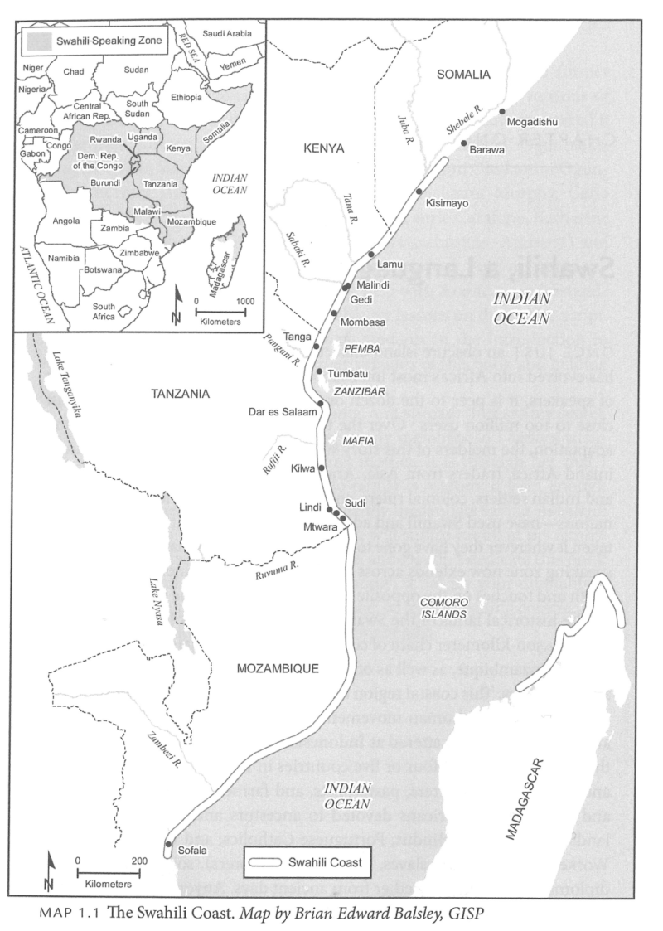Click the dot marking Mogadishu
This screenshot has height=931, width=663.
pos(502,111)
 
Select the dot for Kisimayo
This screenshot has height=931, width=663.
pos(419,192)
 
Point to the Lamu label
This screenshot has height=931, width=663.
pos(389,264)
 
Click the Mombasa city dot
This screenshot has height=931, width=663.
pos(333,313)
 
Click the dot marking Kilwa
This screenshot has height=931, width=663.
pos(322,468)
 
